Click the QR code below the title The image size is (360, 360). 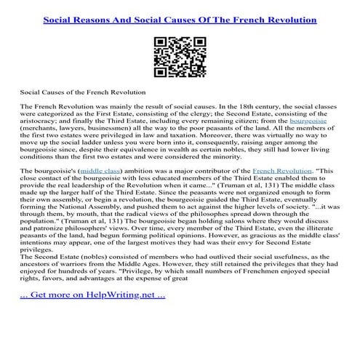coord(180,55)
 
